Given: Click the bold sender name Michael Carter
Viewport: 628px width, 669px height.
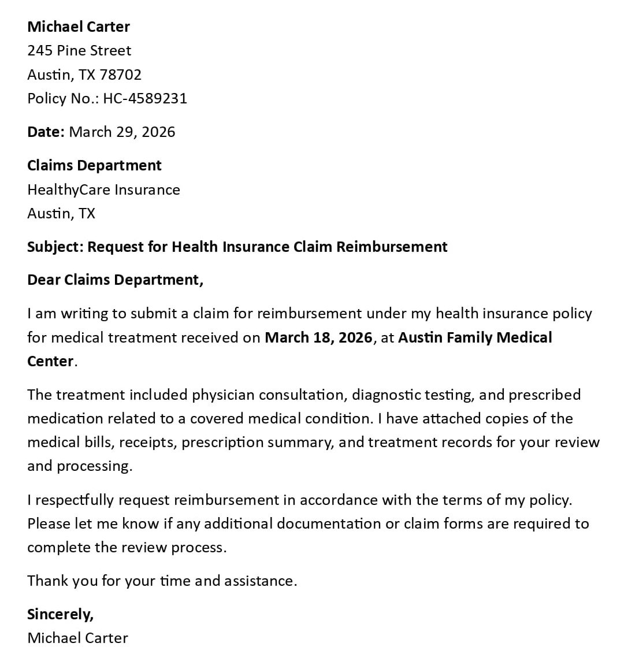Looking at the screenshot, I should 79,27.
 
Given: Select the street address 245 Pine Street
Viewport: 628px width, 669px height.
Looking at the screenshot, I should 79,51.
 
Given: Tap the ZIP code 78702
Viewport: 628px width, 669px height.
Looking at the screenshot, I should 120,75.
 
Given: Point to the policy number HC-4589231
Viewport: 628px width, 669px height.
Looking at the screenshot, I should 145,98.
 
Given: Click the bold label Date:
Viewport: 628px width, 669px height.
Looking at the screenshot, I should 46,132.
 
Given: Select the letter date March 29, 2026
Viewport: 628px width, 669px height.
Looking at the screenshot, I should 122,132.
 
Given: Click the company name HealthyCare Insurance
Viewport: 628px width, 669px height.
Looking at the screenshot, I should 103,189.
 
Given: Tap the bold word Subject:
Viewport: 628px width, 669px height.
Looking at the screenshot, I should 55,247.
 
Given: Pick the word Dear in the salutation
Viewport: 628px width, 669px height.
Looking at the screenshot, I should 44,280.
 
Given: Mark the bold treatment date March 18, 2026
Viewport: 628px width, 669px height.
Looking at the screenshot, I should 318,337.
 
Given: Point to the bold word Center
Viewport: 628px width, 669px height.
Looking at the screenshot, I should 50,361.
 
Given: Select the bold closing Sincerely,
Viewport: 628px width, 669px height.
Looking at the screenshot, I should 60,614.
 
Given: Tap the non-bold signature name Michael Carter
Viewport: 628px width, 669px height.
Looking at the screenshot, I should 77,638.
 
